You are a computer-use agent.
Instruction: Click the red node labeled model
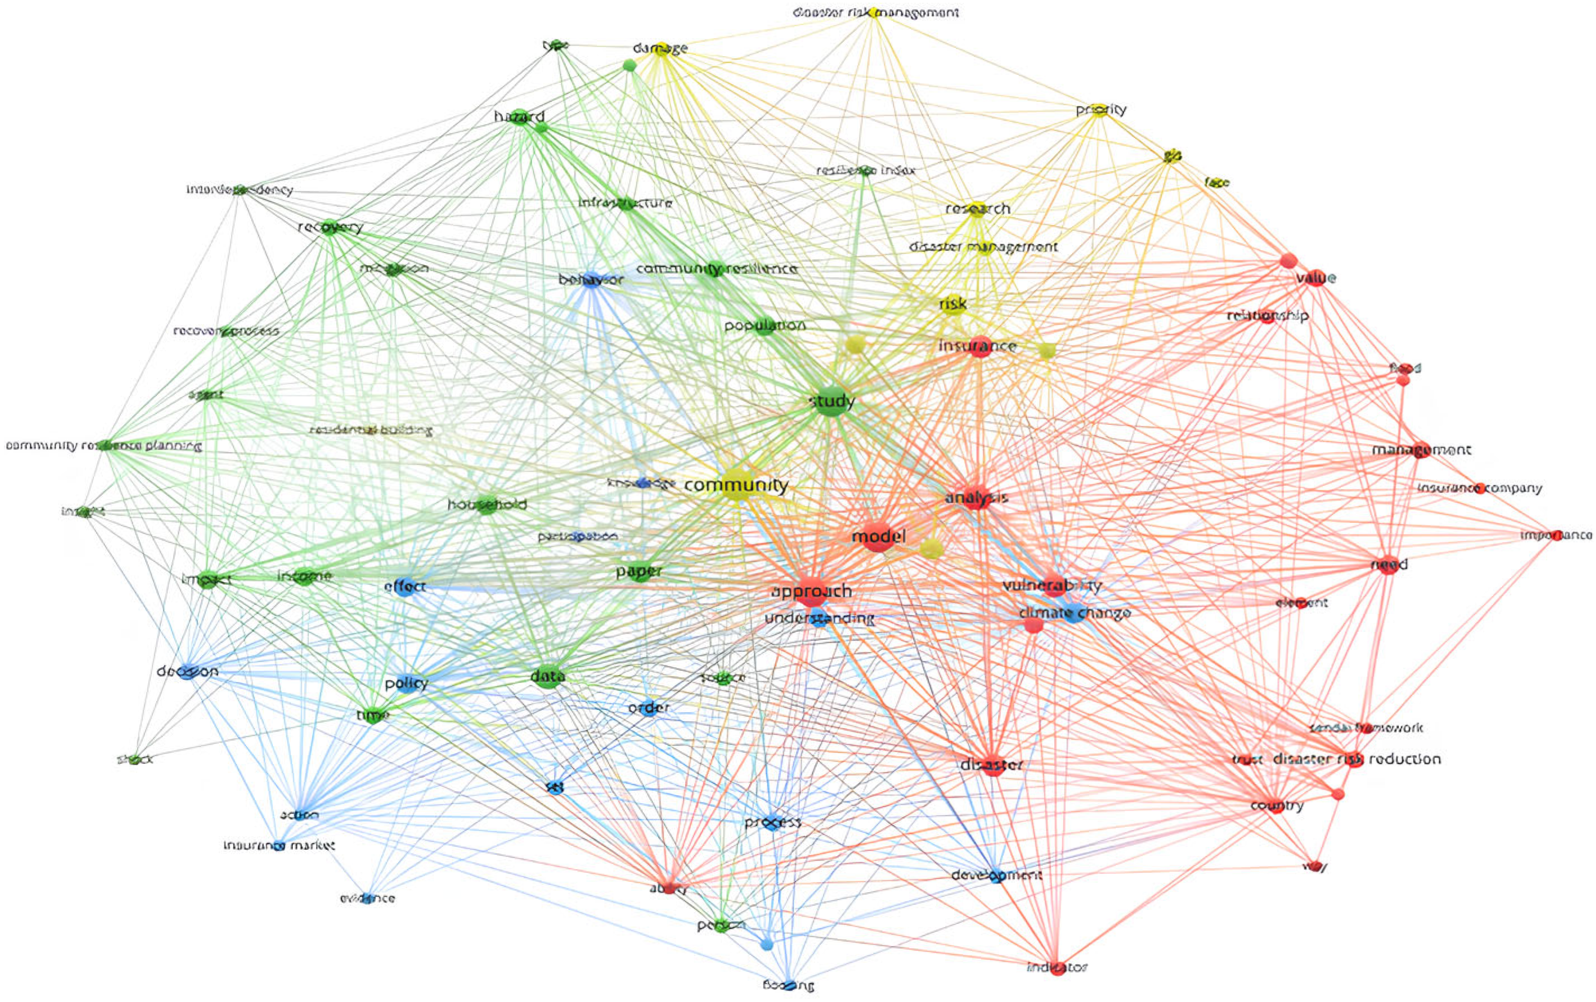(878, 537)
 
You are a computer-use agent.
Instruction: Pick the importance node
(1556, 535)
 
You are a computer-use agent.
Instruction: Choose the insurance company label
(1479, 488)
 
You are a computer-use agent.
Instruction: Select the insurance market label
(279, 846)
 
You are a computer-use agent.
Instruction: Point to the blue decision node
(187, 671)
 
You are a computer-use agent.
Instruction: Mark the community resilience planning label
(103, 446)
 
